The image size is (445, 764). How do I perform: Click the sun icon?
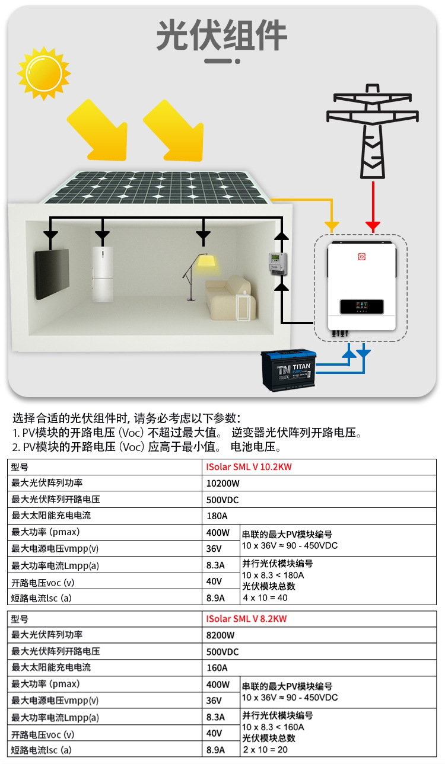[44, 73]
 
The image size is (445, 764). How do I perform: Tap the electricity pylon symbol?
[373, 132]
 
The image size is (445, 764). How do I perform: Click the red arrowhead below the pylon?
[373, 226]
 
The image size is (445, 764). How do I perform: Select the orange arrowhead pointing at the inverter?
[332, 226]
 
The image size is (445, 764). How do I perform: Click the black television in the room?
[52, 274]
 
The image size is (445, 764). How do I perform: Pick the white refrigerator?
[103, 274]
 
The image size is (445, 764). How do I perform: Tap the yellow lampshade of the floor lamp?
[206, 262]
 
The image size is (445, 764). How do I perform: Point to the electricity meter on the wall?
[277, 263]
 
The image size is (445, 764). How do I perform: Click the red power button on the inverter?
[362, 257]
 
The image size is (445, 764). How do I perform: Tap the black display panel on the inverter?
[362, 306]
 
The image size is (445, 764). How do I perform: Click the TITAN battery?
[288, 370]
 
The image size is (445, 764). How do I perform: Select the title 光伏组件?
[221, 35]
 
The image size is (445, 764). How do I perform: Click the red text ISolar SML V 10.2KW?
[249, 467]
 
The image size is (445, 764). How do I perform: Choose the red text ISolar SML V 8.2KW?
[246, 619]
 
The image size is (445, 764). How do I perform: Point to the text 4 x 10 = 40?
[265, 597]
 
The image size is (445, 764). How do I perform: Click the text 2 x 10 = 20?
[265, 749]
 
